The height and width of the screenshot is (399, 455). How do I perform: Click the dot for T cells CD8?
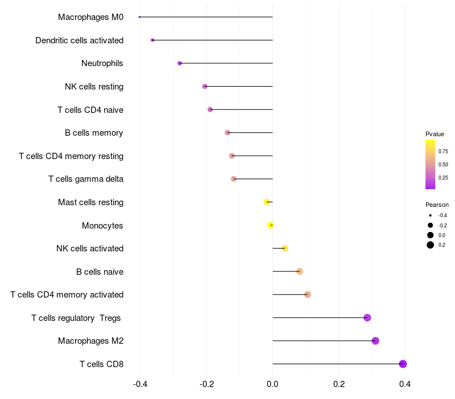click(x=403, y=364)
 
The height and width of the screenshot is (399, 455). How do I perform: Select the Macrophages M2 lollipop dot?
click(x=375, y=341)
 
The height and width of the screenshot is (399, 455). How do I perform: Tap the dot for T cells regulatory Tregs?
click(x=367, y=317)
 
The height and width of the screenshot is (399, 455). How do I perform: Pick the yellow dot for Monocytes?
click(x=271, y=225)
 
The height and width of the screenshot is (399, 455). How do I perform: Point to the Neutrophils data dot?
click(x=180, y=63)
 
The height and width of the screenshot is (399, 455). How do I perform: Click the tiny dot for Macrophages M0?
click(x=139, y=17)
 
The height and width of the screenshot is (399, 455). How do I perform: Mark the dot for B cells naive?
click(x=300, y=271)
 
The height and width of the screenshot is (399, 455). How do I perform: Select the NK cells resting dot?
click(x=205, y=87)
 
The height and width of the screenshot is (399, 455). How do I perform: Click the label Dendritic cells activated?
click(x=79, y=40)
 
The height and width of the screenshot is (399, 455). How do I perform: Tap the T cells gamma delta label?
click(x=86, y=180)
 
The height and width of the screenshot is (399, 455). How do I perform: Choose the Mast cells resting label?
click(x=90, y=202)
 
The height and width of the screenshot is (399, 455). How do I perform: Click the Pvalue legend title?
click(x=435, y=134)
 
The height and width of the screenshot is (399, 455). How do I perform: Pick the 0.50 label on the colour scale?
click(x=443, y=165)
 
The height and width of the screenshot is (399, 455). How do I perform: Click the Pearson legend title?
click(x=437, y=205)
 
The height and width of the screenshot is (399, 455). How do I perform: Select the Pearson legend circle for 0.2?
click(x=431, y=245)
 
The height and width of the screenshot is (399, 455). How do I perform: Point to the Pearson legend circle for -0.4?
click(x=431, y=215)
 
